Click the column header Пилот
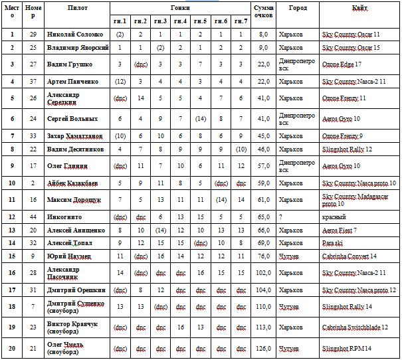pyautogui.click(x=76, y=7)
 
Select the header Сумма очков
pyautogui.click(x=263, y=11)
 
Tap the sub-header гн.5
pyautogui.click(x=199, y=21)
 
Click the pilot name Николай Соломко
pyautogui.click(x=75, y=34)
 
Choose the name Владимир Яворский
pyautogui.click(x=77, y=48)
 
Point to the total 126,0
pyautogui.click(x=263, y=348)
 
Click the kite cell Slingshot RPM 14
pyautogui.click(x=346, y=348)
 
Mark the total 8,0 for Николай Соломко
pyautogui.click(x=263, y=34)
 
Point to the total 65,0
pyautogui.click(x=263, y=217)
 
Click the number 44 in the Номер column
pyautogui.click(x=31, y=217)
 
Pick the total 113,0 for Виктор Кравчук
pyautogui.click(x=263, y=327)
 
